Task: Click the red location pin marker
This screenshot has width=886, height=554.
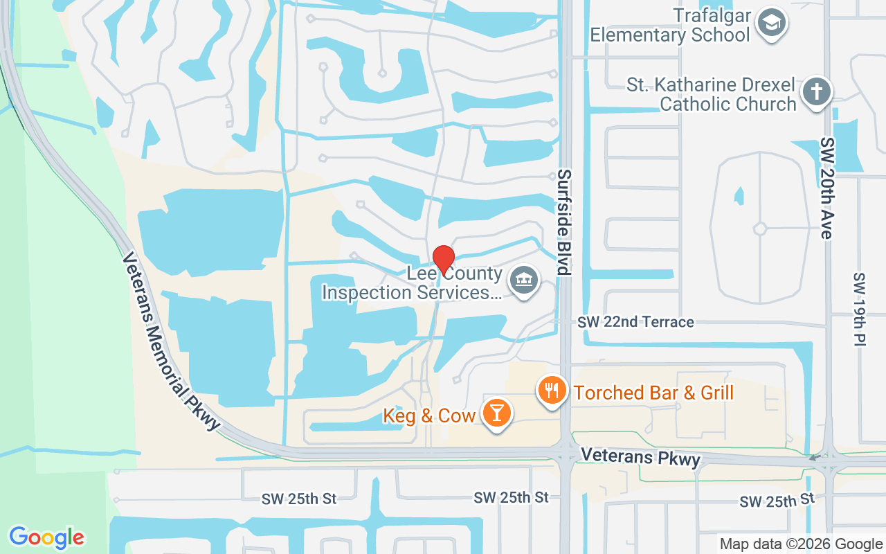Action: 443,260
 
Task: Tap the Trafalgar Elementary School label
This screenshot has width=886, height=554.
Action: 670,25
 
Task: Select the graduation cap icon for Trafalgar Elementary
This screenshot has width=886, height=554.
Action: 770,23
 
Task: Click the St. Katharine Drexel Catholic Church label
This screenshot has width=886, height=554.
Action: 712,95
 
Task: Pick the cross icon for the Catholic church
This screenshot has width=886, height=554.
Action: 817,92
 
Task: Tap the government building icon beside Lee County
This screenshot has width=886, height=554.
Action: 523,280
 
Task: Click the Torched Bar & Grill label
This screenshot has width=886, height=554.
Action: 653,393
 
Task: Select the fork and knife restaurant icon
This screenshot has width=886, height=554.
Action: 551,390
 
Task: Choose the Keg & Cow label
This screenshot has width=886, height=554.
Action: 429,415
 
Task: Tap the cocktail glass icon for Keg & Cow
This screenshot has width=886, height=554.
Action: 496,413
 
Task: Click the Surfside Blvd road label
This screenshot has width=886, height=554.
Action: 565,222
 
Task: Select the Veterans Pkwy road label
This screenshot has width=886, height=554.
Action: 640,456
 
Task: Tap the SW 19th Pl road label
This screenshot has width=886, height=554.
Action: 859,308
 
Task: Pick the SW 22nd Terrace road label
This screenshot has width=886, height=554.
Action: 635,322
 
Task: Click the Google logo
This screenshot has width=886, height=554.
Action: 46,537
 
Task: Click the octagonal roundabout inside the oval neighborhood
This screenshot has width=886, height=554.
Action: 760,228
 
